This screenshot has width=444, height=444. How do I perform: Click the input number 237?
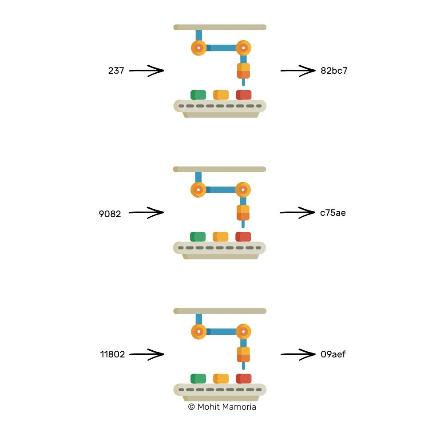pos(116,71)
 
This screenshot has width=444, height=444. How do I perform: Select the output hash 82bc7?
pos(334,71)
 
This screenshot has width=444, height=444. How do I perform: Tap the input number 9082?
pos(110,214)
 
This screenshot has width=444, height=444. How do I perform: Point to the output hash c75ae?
pos(333,213)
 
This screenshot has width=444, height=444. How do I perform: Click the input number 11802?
pos(112,354)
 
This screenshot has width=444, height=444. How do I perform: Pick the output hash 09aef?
pos(333,354)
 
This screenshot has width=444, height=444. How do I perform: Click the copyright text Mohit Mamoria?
pos(222,407)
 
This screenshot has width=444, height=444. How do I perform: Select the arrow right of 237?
pos(147,71)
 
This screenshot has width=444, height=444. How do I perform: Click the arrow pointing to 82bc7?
pos(298,71)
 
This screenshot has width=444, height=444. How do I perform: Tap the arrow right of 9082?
pos(146,213)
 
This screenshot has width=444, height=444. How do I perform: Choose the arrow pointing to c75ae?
pos(297,213)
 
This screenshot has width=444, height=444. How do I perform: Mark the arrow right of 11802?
pos(147,354)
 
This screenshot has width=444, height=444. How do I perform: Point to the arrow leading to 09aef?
pos(298,354)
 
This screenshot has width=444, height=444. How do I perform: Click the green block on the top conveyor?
pos(198,95)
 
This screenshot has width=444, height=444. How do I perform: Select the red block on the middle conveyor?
pos(243,237)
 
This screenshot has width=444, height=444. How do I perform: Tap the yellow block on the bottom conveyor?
pos(221,379)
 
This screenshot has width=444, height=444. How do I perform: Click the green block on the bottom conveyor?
pos(198,379)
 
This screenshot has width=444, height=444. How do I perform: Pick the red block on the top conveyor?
pos(243,95)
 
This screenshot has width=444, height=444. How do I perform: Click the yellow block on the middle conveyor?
pos(221,237)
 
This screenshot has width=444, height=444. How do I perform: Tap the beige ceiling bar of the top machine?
pos(220,27)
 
